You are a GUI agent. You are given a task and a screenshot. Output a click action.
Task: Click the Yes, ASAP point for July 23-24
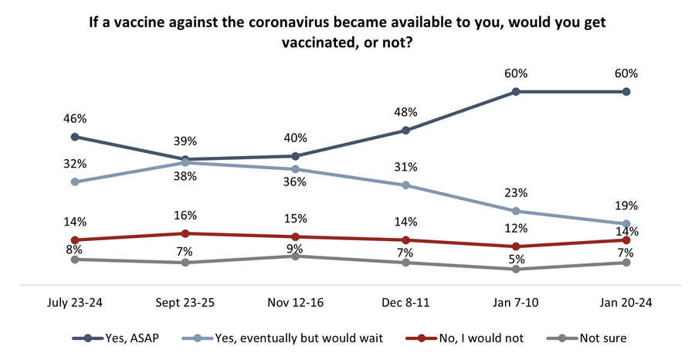tap(75, 137)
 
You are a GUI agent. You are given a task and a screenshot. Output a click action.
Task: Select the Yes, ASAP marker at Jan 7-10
tap(515, 92)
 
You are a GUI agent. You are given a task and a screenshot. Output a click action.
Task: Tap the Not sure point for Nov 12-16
tap(295, 256)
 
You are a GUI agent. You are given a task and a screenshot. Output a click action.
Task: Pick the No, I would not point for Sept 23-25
tap(185, 233)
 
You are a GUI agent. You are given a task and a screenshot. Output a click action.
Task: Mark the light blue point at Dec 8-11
tap(405, 185)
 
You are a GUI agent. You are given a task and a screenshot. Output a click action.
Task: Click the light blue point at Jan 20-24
tap(625, 224)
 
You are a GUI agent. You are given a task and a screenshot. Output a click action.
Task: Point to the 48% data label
tap(405, 113)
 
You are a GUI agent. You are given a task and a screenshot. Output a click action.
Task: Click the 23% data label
tap(515, 193)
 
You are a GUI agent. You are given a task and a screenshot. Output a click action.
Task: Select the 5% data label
tap(515, 251)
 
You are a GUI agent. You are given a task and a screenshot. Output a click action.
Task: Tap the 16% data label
tap(185, 216)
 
